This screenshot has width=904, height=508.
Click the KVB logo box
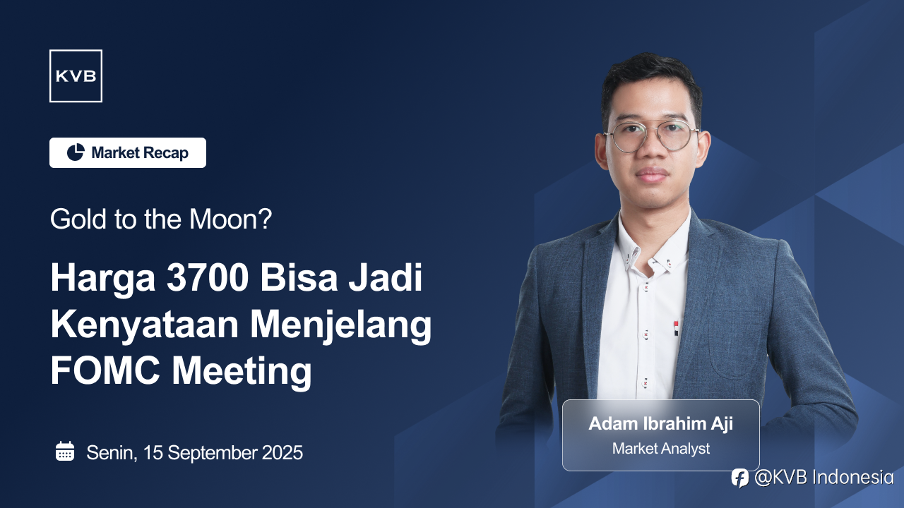[76, 75]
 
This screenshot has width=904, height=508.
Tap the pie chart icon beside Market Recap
[76, 152]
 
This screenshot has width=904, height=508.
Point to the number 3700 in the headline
[208, 278]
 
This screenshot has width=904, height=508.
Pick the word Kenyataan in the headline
[145, 327]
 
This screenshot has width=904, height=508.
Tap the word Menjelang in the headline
[341, 327]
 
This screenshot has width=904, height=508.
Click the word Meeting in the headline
[242, 373]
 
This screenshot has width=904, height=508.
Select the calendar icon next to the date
[65, 451]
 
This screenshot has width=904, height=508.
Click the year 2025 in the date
[282, 452]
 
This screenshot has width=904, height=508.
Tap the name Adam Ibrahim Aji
[660, 424]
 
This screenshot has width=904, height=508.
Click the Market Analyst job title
[660, 448]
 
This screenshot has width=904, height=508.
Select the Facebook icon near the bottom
[739, 478]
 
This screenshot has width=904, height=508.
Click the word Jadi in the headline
[386, 278]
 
